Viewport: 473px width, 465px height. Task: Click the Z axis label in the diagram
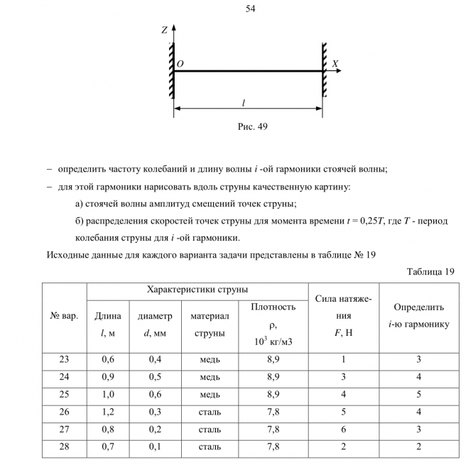pos(164,31)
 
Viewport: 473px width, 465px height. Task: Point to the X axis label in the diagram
pos(335,63)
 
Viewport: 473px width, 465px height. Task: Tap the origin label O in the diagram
pos(180,64)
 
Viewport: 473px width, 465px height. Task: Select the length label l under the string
pos(244,103)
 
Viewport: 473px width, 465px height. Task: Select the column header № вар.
pos(64,315)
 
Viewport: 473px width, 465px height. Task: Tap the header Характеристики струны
pos(197,290)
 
